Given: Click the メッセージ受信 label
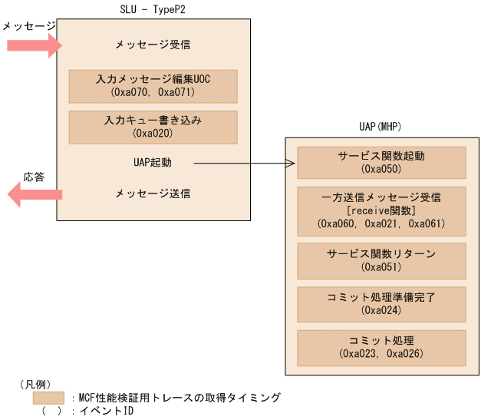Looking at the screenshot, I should [153, 45].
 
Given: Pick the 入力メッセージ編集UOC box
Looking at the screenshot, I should [153, 86].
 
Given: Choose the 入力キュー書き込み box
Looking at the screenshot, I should [153, 127].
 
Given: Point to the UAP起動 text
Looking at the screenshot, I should [153, 163].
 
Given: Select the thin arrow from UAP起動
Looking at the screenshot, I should [243, 163].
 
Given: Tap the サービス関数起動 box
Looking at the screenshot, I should [381, 162].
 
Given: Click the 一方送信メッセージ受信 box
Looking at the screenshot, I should [381, 210].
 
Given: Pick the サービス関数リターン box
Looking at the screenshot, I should [381, 260].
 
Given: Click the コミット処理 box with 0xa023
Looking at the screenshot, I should [381, 347].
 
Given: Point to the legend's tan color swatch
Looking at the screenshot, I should [48, 398].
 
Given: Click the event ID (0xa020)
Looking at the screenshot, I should [153, 134].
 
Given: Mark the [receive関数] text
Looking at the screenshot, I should [381, 210].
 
